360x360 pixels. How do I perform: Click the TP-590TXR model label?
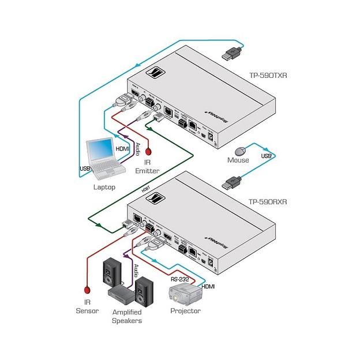click(267, 76)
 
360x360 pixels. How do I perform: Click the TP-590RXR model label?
click(268, 202)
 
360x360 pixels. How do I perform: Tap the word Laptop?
click(104, 187)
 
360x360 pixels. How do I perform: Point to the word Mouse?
click(238, 160)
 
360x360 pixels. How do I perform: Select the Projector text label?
click(185, 311)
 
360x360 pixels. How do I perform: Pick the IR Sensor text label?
click(87, 306)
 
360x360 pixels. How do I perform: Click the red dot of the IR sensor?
click(87, 290)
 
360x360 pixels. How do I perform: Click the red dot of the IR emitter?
click(148, 152)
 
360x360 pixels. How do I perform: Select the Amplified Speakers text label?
click(126, 316)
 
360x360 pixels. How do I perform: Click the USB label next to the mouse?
click(266, 156)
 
